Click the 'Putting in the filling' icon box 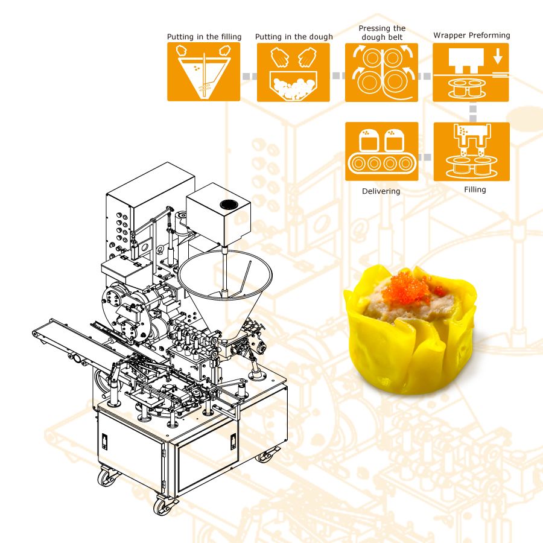click(x=204, y=72)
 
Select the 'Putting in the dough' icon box click(x=293, y=72)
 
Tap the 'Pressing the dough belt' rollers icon click(x=381, y=72)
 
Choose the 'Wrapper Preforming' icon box click(x=471, y=72)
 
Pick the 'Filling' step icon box click(x=471, y=151)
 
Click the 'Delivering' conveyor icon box click(x=382, y=151)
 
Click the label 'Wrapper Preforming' click(x=472, y=36)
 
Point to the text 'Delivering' click(x=381, y=191)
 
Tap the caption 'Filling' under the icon click(x=475, y=189)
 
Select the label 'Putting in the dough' click(x=294, y=37)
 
